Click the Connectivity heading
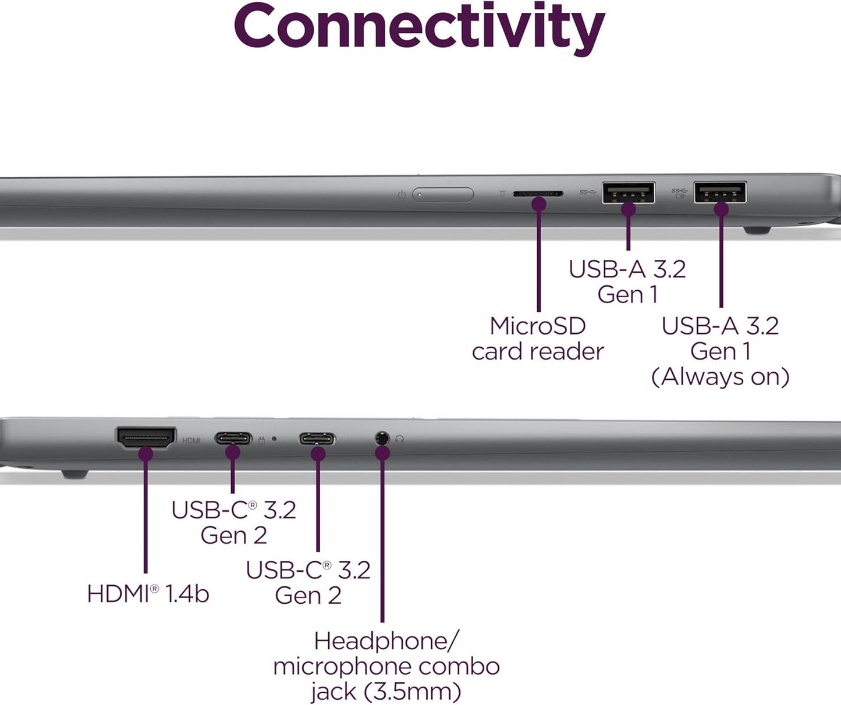(x=419, y=26)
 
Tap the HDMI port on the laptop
(x=146, y=437)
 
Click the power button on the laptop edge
(x=443, y=194)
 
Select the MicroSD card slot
(x=537, y=193)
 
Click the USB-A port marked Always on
(x=720, y=192)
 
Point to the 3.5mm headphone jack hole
(x=382, y=438)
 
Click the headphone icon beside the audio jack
(x=399, y=440)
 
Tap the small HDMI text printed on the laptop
(x=191, y=441)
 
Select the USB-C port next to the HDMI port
(x=233, y=438)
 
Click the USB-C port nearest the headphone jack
(x=317, y=439)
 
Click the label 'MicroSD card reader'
(x=538, y=339)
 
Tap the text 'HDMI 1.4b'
(x=148, y=594)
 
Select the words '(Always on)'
(x=720, y=376)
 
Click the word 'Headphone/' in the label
(x=386, y=641)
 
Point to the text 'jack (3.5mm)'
(x=386, y=692)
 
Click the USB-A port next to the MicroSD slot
(x=628, y=193)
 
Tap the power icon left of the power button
(x=402, y=195)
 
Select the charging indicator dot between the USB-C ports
(x=274, y=439)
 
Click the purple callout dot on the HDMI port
(x=146, y=453)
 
